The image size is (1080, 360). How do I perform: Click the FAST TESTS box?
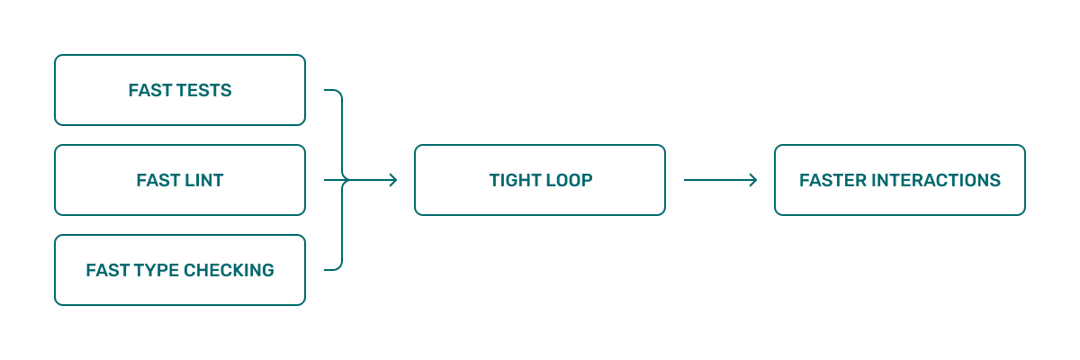tap(180, 90)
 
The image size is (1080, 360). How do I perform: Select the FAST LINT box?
tap(180, 180)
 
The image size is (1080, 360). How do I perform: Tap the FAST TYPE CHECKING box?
tap(180, 270)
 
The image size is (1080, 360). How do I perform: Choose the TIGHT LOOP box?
tap(540, 180)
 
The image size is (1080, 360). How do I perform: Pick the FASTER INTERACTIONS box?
tap(900, 180)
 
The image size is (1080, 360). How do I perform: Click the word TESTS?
tap(204, 91)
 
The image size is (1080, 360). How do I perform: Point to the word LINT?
tap(204, 180)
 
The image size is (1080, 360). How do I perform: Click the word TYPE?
tap(157, 270)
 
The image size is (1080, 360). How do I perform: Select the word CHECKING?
tap(229, 270)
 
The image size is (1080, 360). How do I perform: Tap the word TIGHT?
tap(510, 180)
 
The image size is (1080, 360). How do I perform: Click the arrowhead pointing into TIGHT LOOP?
tap(394, 180)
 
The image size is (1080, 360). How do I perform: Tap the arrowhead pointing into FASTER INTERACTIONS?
tap(753, 180)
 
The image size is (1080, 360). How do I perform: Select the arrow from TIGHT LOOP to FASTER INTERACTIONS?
tap(720, 180)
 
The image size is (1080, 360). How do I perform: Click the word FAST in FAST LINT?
tap(157, 180)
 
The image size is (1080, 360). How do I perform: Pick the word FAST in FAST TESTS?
tap(149, 91)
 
